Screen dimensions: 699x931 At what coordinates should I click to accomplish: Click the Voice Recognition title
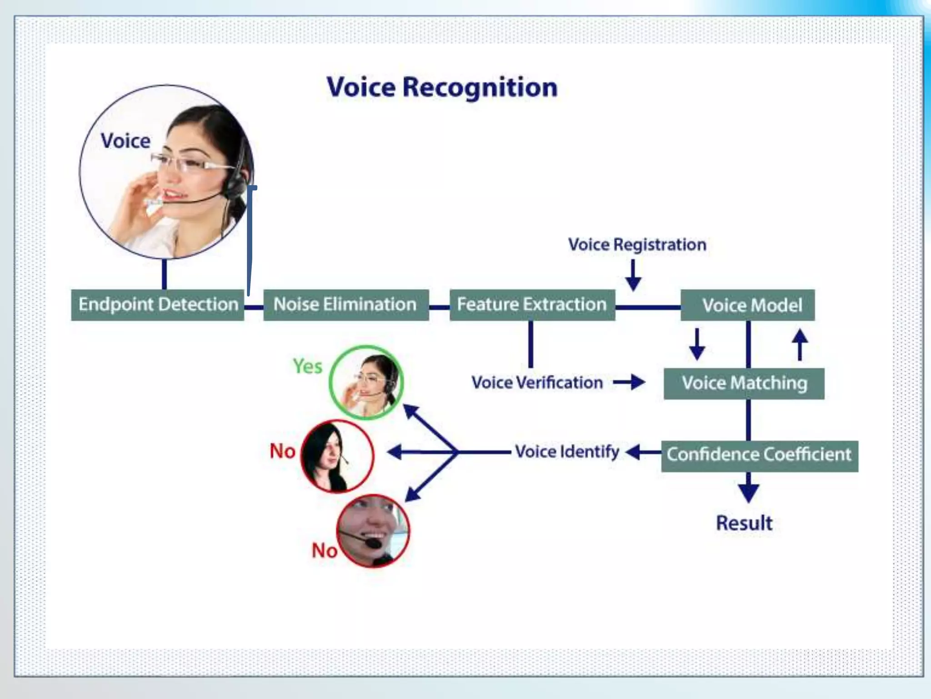pyautogui.click(x=442, y=87)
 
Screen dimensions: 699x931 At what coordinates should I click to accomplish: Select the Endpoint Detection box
pyautogui.click(x=158, y=304)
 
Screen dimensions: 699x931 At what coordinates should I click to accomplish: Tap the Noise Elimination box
pyautogui.click(x=345, y=304)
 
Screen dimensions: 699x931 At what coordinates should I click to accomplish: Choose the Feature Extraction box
pyautogui.click(x=532, y=304)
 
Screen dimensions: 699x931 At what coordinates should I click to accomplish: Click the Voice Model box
pyautogui.click(x=747, y=305)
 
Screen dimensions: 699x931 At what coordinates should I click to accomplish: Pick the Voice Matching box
pyautogui.click(x=744, y=383)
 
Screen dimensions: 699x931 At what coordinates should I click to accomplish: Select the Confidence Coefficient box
pyautogui.click(x=759, y=455)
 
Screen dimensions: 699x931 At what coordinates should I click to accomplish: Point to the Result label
pyautogui.click(x=744, y=523)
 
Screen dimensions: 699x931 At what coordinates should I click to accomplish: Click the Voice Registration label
pyautogui.click(x=637, y=245)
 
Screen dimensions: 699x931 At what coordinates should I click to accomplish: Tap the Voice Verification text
pyautogui.click(x=537, y=383)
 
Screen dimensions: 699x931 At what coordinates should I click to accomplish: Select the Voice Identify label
pyautogui.click(x=567, y=452)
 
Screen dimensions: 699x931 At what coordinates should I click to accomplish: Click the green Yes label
pyautogui.click(x=307, y=366)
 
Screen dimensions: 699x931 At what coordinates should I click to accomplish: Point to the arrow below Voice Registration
pyautogui.click(x=633, y=275)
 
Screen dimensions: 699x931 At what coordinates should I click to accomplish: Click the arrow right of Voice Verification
pyautogui.click(x=630, y=382)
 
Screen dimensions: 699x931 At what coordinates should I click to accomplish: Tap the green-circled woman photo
pyautogui.click(x=366, y=382)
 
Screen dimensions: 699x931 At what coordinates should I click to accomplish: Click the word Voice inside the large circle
pyautogui.click(x=125, y=141)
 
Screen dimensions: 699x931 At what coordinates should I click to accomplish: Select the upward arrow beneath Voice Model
pyautogui.click(x=800, y=344)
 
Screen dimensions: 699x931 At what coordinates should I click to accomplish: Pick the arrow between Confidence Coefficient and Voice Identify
pyautogui.click(x=642, y=452)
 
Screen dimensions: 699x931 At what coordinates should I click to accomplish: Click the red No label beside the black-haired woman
pyautogui.click(x=282, y=451)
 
